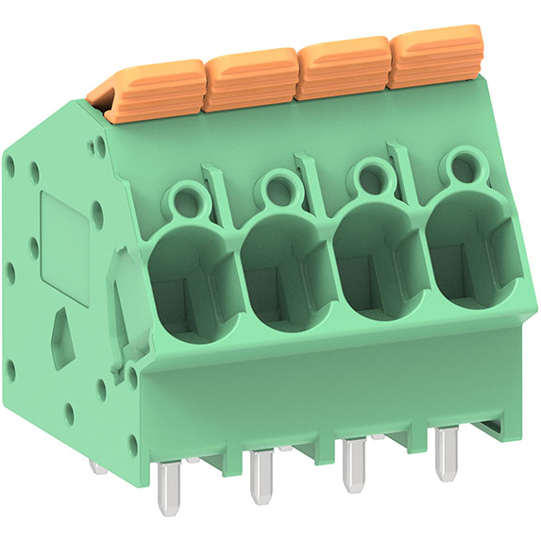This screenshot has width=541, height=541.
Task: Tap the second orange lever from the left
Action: [250, 78]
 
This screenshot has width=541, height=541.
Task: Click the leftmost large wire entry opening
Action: [189, 279]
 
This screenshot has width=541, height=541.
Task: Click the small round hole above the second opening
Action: [277, 189]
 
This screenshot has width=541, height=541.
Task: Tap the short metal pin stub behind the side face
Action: [97, 465]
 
